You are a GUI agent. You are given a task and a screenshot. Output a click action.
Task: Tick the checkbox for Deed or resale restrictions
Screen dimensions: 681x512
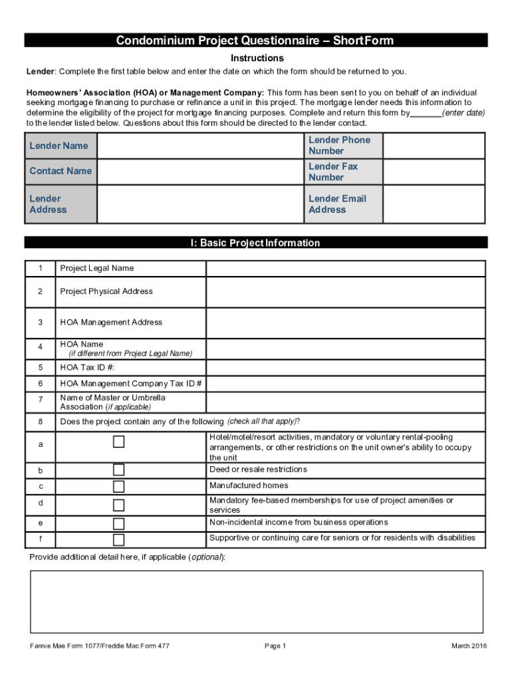pos(118,470)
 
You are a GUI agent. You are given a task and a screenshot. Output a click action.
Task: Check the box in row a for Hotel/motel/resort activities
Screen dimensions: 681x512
pos(118,442)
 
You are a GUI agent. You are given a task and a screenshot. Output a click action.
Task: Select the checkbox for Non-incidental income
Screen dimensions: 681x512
pos(118,523)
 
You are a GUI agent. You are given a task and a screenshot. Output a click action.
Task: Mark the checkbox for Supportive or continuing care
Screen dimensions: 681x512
pos(118,539)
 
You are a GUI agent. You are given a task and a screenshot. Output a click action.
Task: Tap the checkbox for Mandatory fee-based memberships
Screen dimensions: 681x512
pos(118,505)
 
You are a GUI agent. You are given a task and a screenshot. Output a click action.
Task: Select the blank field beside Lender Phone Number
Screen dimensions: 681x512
pos(435,146)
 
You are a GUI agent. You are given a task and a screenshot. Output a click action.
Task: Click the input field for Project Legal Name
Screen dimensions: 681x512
pos(346,269)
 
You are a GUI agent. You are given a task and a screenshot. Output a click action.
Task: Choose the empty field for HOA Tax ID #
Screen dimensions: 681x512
pos(346,368)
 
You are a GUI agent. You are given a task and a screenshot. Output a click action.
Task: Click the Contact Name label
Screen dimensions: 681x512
pos(61,171)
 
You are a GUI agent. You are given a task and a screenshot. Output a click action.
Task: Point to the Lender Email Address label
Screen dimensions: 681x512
pos(337,204)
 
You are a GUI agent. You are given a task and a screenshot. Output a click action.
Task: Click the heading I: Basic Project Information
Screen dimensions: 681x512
pos(256,243)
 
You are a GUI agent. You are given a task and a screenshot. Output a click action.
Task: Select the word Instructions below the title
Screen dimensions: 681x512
pos(257,59)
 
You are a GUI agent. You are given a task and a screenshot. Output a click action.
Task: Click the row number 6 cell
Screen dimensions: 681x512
pos(40,384)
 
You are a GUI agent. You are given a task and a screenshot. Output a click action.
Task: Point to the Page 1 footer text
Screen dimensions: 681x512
pos(275,646)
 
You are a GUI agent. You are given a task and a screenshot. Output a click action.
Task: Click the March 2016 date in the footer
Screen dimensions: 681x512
pos(469,646)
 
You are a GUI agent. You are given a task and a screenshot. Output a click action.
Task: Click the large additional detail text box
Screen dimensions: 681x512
pos(256,601)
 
